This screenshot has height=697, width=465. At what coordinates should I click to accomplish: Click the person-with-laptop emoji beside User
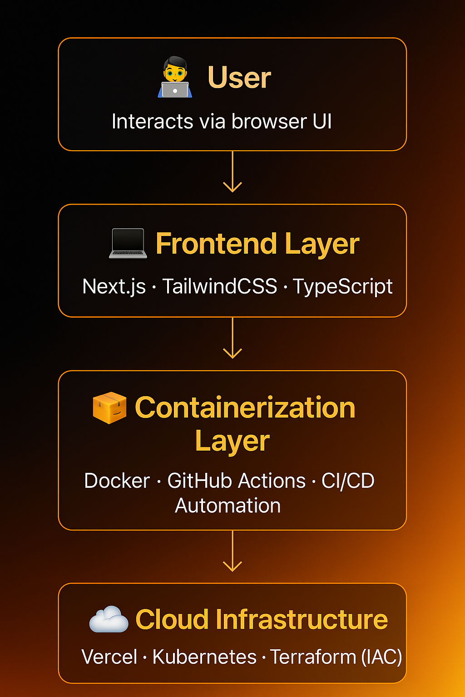[x=175, y=77]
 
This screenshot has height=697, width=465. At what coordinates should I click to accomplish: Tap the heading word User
[x=239, y=78]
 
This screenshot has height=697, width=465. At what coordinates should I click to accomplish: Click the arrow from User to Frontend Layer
[x=232, y=172]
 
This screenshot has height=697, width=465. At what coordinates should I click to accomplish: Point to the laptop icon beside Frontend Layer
[x=128, y=244]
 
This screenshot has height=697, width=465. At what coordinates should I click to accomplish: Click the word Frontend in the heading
[x=216, y=244]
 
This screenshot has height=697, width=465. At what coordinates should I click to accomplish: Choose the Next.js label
[x=114, y=287]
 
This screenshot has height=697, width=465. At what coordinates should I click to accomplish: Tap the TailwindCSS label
[x=220, y=286]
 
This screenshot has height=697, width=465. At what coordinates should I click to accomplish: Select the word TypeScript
[x=342, y=287]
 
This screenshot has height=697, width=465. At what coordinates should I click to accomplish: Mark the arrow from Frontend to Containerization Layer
[x=232, y=339]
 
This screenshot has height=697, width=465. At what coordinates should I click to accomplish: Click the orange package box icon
[x=109, y=407]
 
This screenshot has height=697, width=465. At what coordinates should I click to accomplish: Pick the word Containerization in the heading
[x=245, y=407]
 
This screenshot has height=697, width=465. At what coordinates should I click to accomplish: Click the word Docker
[x=117, y=481]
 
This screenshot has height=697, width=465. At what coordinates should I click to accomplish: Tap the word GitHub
[x=202, y=481]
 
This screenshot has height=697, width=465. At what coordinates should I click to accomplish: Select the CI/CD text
[x=348, y=481]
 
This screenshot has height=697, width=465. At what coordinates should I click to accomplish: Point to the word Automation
[x=228, y=506]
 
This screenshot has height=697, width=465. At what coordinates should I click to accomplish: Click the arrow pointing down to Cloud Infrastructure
[x=232, y=551]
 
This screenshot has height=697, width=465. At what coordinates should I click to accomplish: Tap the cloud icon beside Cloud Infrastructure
[x=109, y=619]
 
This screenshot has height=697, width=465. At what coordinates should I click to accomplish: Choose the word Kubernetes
[x=204, y=657]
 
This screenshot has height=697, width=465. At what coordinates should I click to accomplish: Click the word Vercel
[x=109, y=657]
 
